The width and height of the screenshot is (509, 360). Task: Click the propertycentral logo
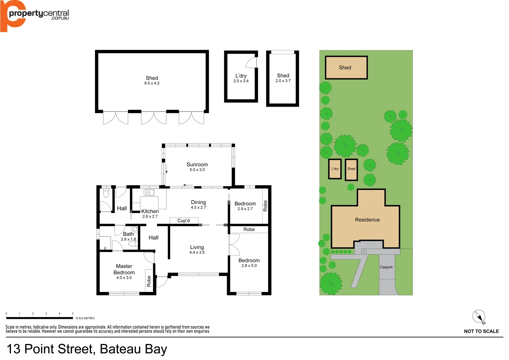[x=35, y=15]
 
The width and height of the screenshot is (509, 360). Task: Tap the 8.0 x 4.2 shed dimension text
[x=152, y=83]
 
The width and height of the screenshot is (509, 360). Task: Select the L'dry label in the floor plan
[x=241, y=76]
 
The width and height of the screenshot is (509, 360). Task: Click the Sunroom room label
[x=197, y=165]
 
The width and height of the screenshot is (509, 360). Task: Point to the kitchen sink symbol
[x=149, y=192]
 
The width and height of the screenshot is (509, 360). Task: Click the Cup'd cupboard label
[x=183, y=221]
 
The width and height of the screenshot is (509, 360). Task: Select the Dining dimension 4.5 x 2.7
[x=198, y=208]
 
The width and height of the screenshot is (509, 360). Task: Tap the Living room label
[x=197, y=247]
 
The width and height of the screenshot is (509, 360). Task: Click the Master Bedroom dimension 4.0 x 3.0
[x=124, y=278]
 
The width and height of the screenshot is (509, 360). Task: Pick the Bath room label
[x=128, y=234]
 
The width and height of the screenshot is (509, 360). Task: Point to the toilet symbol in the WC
[x=106, y=193]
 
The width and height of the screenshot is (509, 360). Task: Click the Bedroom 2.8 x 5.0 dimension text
[x=249, y=266]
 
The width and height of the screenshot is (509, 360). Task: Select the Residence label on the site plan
[x=367, y=220]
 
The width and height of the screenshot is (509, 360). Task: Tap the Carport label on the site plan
[x=386, y=267]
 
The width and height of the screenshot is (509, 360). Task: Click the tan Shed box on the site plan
[x=346, y=68]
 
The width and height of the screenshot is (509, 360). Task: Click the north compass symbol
[x=479, y=316]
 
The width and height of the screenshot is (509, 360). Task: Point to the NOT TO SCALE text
[x=481, y=331]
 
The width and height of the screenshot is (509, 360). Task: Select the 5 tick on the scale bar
[x=73, y=314]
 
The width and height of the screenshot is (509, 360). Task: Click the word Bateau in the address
[x=121, y=349]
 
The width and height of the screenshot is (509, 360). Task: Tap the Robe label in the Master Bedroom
[x=149, y=281]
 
